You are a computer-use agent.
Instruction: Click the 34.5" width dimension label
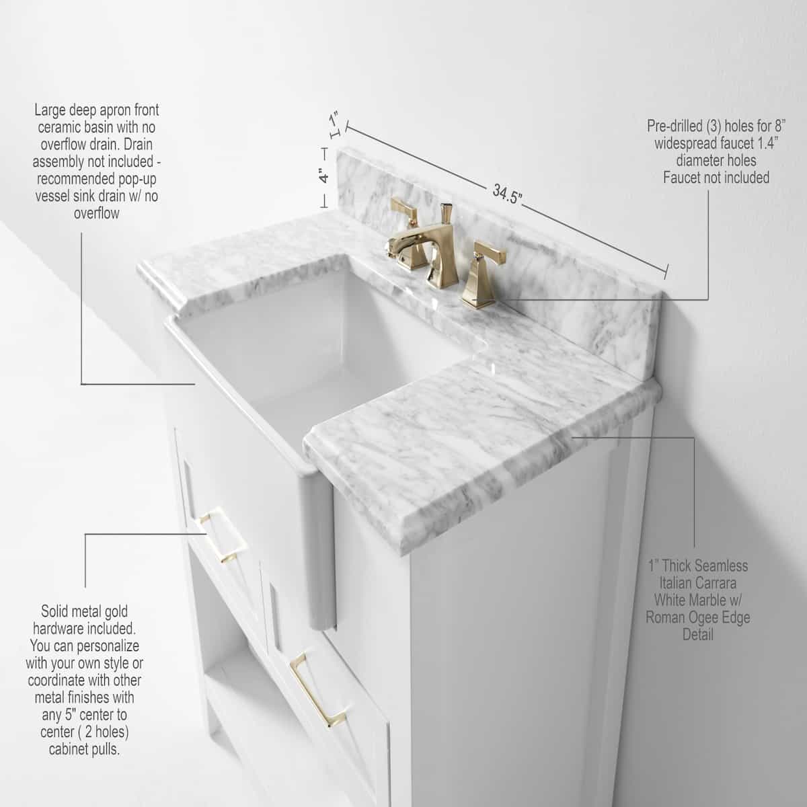point(507,195)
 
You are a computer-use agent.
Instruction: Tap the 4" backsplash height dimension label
point(323,176)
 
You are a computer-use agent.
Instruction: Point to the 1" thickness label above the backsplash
point(334,118)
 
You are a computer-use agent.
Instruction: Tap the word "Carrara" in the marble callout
point(722,582)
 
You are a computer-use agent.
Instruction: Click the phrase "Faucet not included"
point(716,178)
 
